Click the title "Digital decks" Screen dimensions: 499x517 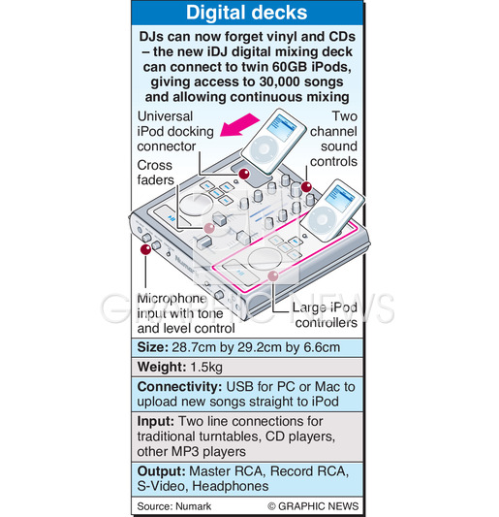click(247, 13)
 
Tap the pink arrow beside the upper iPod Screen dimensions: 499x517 click(239, 126)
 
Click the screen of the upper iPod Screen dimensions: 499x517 click(282, 127)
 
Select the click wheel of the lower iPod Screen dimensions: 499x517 click(319, 218)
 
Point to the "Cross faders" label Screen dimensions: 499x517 click(155, 173)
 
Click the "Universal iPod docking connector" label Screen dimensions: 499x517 click(175, 132)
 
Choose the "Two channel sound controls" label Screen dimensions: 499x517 click(333, 139)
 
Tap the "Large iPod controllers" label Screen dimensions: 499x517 click(326, 315)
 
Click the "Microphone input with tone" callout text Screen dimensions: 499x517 click(180, 306)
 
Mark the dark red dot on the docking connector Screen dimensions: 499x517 click(244, 174)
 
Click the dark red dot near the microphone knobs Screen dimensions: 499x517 click(145, 249)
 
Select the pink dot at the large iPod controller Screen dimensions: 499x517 click(273, 275)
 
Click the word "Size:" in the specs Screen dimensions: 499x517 click(153, 347)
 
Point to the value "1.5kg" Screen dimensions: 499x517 click(206, 367)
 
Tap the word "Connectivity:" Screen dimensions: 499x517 click(179, 387)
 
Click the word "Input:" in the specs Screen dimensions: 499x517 click(155, 421)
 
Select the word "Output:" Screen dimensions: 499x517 click(162, 471)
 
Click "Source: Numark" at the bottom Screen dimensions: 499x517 click(174, 506)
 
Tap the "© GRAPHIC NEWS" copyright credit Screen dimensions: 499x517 click(313, 506)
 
